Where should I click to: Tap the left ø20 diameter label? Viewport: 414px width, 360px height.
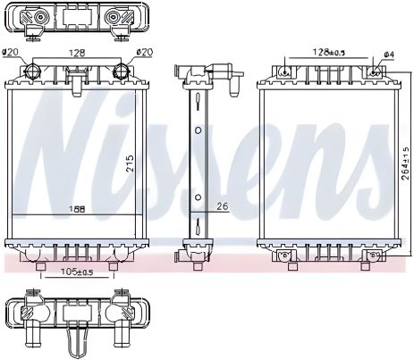click(x=12, y=53)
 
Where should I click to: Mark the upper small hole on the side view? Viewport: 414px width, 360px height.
click(x=198, y=129)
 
